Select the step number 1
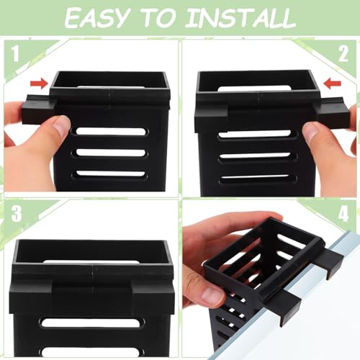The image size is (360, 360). coord(16,53)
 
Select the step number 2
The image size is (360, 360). coord(343,54)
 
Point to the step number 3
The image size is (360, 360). coord(17,213)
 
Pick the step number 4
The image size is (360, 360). coord(343,213)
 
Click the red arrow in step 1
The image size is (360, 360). coord(39,84)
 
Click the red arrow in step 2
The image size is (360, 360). coord(333,84)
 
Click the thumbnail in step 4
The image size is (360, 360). coord(212,296)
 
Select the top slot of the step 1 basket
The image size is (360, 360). coord(110,132)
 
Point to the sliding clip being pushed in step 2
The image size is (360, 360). coord(333,112)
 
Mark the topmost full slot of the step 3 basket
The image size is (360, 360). coord(93,323)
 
